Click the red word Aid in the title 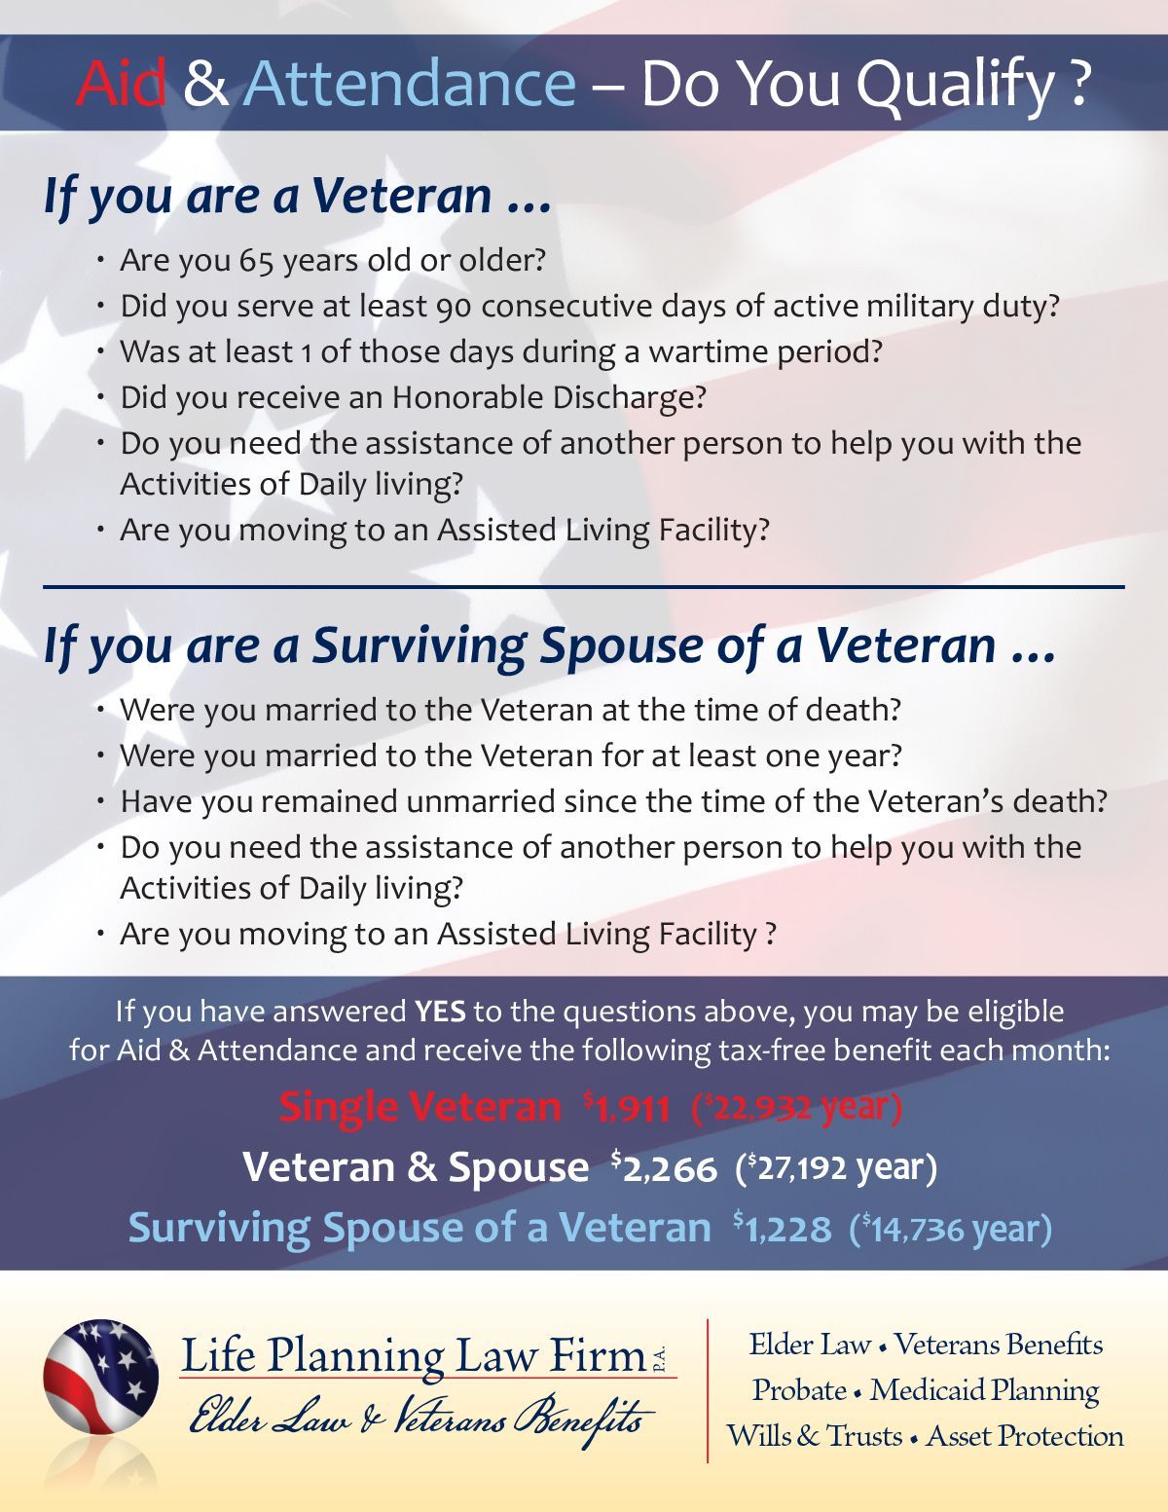122,86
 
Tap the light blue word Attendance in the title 409,86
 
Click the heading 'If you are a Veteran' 297,197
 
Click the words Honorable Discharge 548,397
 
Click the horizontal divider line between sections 584,586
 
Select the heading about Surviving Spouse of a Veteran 550,646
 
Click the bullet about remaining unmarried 613,801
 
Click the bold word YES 440,1012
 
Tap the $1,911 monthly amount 627,1108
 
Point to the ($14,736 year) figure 950,1229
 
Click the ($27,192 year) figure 836,1167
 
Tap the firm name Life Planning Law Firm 414,1356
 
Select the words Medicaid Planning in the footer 984,1390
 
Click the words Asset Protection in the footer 1025,1436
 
